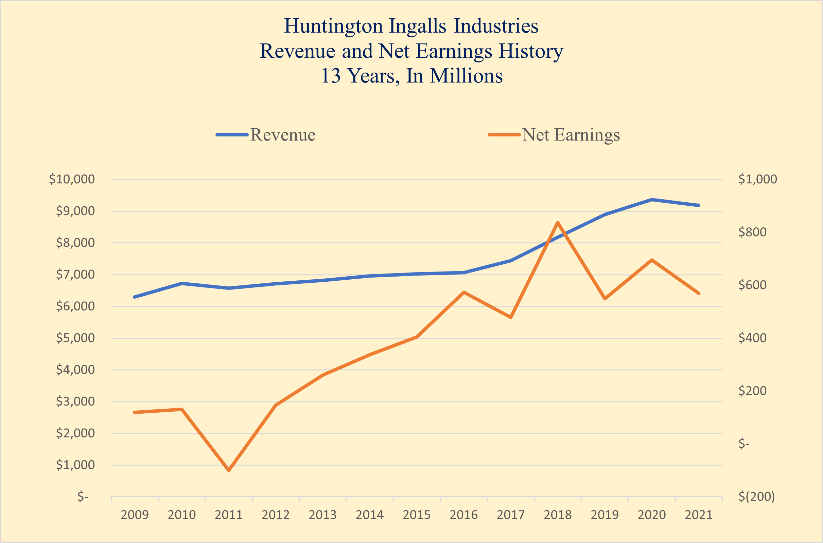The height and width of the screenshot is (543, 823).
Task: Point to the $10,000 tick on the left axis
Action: tap(72, 180)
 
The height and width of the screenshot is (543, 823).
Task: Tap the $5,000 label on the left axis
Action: tap(75, 338)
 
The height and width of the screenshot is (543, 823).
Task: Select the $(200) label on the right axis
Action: tap(756, 497)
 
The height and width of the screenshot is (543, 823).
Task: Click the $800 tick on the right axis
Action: tap(753, 232)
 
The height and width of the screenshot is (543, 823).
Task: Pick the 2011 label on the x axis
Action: tap(228, 515)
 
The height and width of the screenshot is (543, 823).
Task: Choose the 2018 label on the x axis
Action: tap(558, 515)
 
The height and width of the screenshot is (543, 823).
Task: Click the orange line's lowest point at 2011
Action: tap(229, 470)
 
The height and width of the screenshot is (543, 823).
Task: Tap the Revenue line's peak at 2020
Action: tap(652, 200)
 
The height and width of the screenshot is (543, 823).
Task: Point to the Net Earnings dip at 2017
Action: tap(511, 317)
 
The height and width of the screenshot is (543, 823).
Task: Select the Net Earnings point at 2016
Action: tap(464, 292)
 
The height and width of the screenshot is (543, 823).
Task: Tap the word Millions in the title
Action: tap(466, 76)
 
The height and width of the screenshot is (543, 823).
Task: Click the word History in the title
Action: tap(531, 51)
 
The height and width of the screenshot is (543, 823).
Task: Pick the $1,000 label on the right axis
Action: tap(757, 180)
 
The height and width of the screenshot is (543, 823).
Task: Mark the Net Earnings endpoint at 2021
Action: tap(699, 293)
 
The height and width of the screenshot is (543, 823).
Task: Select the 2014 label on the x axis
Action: tap(370, 515)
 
